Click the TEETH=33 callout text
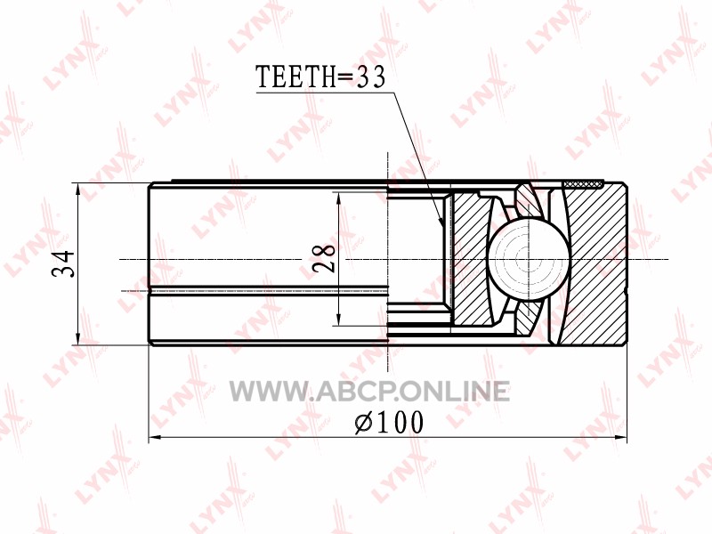click(320, 77)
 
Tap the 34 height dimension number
click(63, 263)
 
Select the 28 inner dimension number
click(324, 258)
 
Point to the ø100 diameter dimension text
click(388, 422)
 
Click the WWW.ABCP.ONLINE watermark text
click(369, 392)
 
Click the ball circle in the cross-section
click(528, 260)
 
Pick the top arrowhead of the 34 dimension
click(79, 189)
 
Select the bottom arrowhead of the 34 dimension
click(79, 339)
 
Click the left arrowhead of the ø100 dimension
click(155, 438)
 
